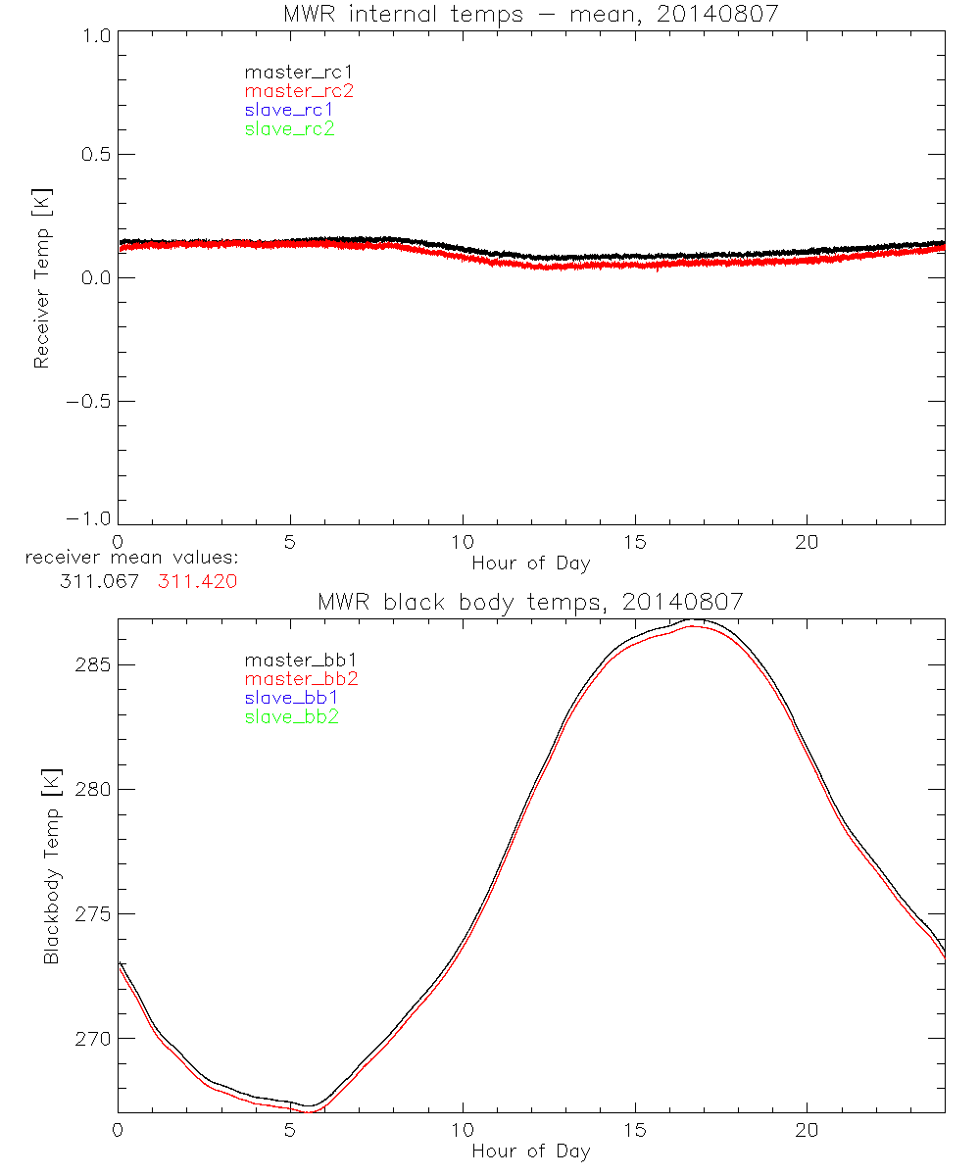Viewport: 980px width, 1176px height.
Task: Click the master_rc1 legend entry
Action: coord(289,72)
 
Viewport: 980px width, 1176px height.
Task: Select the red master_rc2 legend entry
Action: coord(299,90)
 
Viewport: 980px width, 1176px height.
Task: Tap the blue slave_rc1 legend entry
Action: coord(289,110)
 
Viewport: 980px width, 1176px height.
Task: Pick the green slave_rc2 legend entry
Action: coord(289,128)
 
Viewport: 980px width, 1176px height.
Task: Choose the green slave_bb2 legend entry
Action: coord(292,717)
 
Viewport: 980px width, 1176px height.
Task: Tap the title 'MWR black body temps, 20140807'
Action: coord(530,603)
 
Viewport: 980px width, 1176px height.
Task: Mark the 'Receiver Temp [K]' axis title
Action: coord(41,277)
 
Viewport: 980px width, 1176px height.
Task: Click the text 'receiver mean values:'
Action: coord(132,559)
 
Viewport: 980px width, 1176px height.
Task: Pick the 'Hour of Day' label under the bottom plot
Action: coord(530,1151)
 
